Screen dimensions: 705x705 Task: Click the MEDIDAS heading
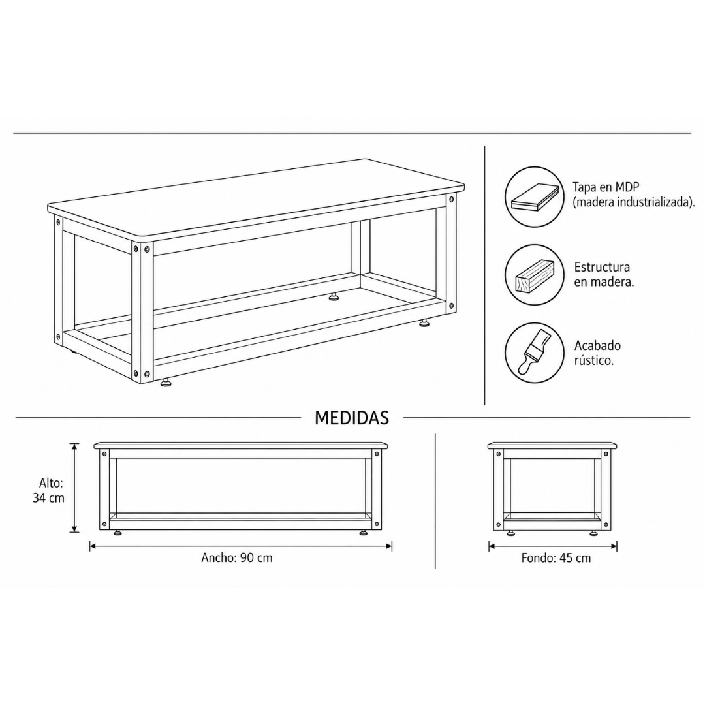tap(352, 418)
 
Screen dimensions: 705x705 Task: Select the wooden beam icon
tap(534, 275)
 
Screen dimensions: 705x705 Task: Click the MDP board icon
tap(535, 197)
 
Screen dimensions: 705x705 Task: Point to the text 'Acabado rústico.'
tap(597, 352)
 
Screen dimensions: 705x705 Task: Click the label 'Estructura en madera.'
tap(603, 275)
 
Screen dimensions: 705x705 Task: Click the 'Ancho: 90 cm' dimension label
tap(236, 558)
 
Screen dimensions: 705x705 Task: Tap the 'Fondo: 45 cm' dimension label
tap(556, 558)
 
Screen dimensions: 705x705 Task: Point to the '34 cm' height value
tap(48, 498)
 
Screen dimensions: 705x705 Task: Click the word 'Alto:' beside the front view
tap(51, 483)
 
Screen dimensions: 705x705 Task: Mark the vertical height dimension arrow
tap(74, 488)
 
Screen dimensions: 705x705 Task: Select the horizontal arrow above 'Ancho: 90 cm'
tap(240, 547)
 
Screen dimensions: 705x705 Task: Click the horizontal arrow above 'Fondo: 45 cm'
tap(553, 547)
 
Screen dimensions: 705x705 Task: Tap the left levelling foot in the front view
tap(117, 533)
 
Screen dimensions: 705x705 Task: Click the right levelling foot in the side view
tap(594, 533)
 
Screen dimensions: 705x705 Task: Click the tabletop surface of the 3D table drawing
tap(257, 197)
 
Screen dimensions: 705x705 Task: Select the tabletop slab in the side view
tap(553, 446)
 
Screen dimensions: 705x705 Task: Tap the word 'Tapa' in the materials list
tap(584, 187)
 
